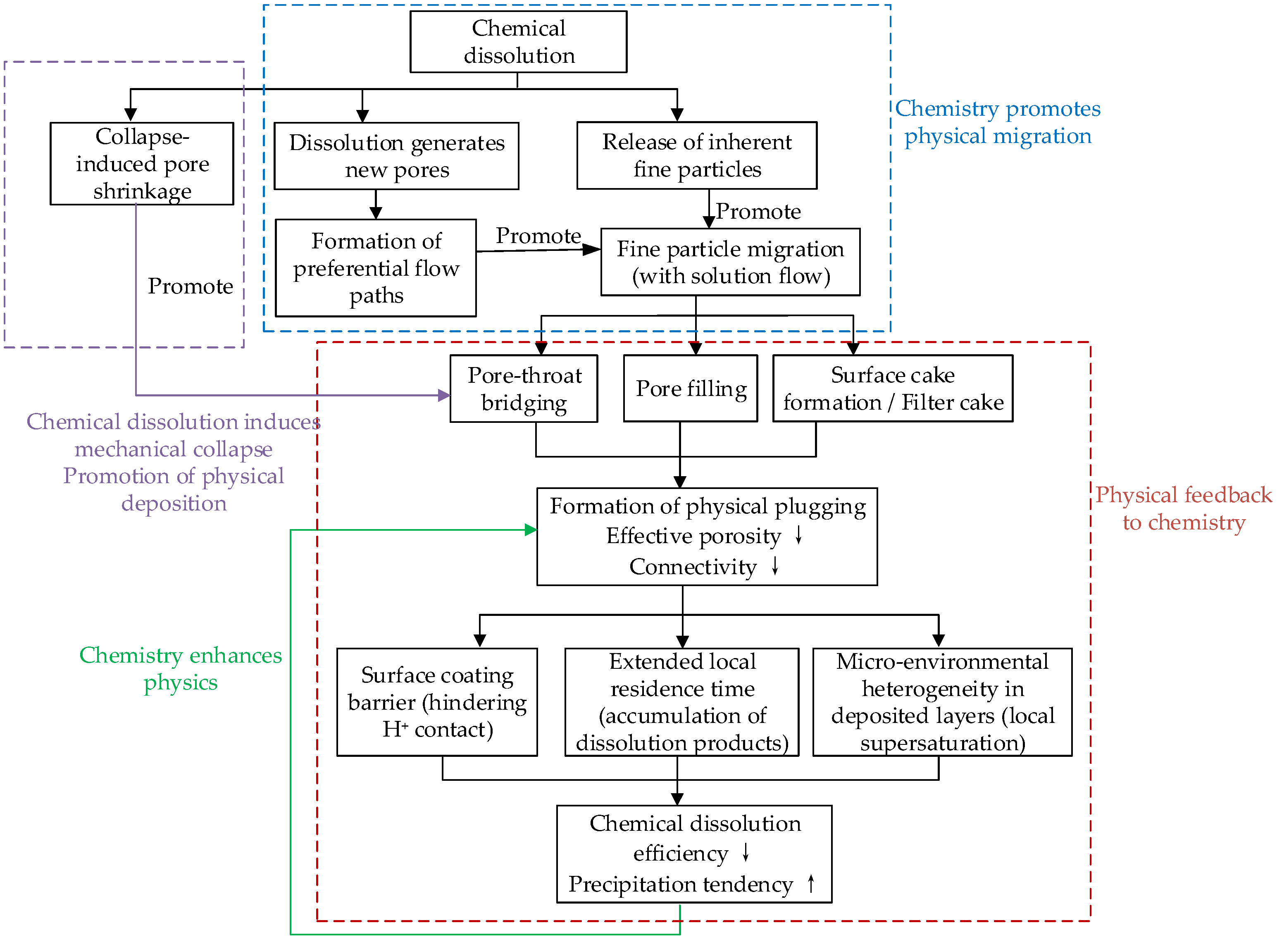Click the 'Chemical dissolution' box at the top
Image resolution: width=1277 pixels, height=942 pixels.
point(518,42)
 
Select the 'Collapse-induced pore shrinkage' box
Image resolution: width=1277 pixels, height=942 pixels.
point(142,164)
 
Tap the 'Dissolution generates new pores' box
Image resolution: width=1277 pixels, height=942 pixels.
point(397,156)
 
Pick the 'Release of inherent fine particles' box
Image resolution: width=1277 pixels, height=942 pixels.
point(697,155)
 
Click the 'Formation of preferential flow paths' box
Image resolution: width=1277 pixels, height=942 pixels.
point(376,268)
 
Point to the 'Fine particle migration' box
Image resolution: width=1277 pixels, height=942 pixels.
point(730,262)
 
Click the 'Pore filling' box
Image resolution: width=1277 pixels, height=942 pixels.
point(691,388)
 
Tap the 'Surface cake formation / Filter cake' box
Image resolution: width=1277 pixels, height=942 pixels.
point(893,388)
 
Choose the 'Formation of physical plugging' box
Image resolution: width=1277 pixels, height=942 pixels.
point(707,537)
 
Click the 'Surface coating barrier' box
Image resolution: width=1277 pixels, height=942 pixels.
point(437,702)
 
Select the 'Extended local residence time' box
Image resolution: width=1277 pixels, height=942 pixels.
point(682,702)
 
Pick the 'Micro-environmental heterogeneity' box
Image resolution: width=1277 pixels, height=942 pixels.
point(942,702)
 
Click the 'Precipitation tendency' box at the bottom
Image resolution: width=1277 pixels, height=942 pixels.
point(694,854)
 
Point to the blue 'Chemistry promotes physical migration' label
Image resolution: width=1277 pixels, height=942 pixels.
point(998,122)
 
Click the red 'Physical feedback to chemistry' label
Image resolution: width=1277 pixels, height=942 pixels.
point(1184,508)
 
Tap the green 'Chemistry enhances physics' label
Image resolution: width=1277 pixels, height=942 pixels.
point(181,668)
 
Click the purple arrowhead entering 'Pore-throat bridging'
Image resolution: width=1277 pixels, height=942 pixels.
point(444,395)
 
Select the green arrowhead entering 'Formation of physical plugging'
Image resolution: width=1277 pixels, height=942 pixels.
point(531,530)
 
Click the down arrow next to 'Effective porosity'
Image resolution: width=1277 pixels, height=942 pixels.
point(799,535)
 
